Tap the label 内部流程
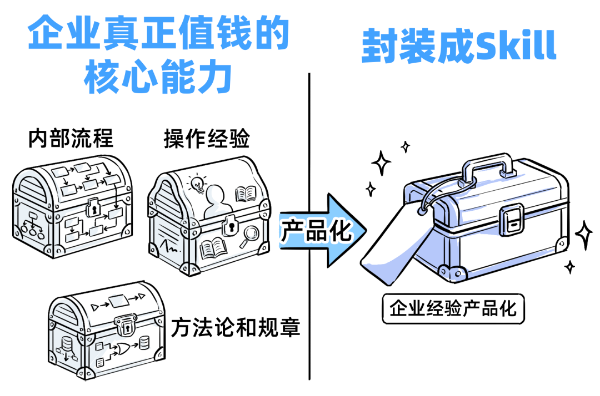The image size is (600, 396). click(71, 139)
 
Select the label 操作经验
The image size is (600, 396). click(207, 139)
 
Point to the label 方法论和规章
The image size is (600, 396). click(236, 327)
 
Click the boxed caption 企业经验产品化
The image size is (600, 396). click(453, 308)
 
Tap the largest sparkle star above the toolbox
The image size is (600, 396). click(382, 163)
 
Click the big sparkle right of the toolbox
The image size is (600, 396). click(583, 235)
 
